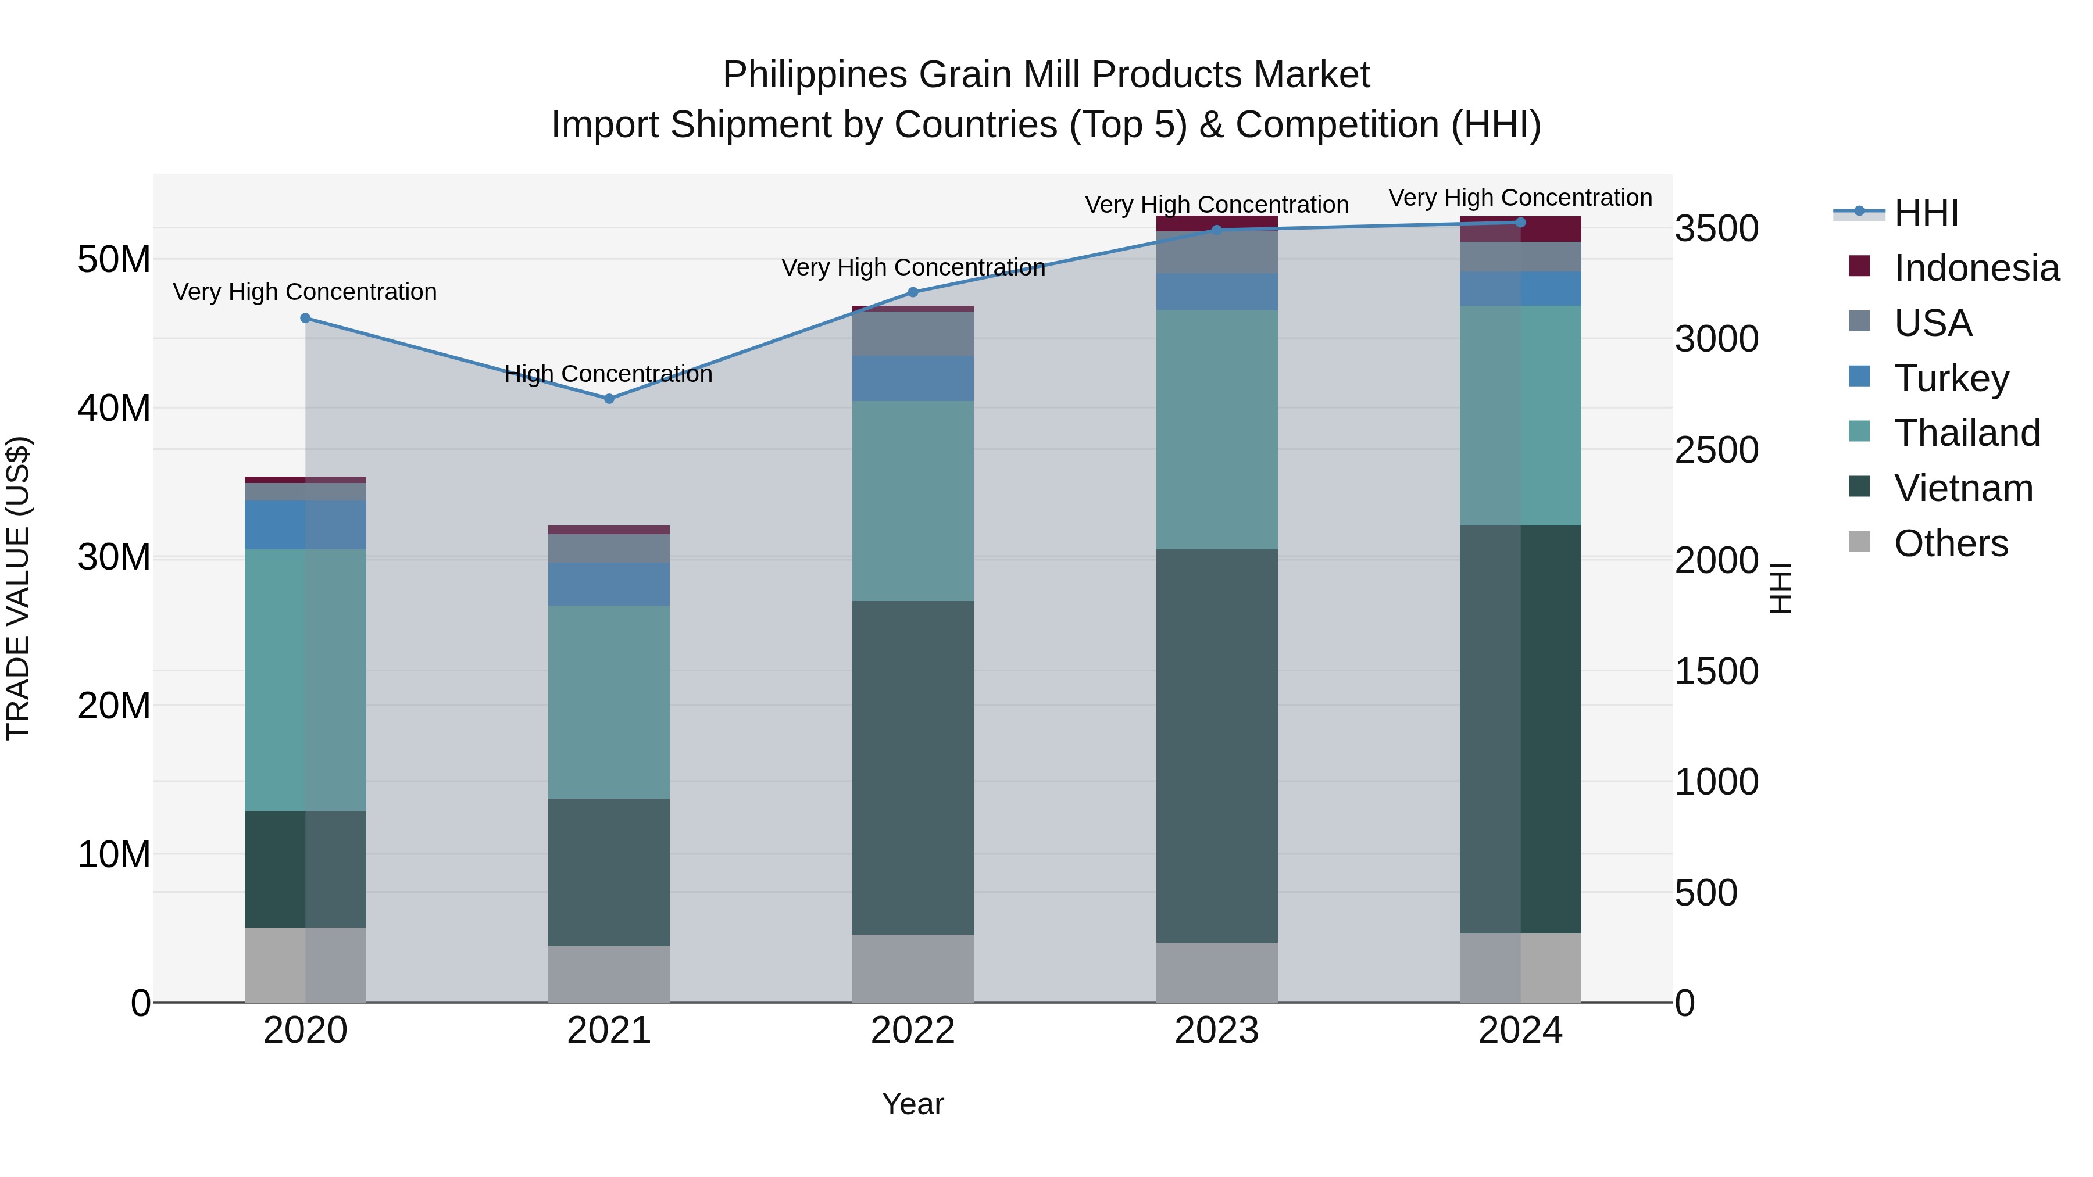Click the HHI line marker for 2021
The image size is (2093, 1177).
tap(609, 399)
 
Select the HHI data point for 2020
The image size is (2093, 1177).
tap(305, 319)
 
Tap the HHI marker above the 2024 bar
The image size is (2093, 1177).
tap(1520, 223)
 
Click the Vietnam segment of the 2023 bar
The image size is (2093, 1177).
tap(1216, 746)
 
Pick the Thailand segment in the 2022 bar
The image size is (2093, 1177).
tap(912, 500)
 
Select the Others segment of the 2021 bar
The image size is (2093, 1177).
tap(609, 974)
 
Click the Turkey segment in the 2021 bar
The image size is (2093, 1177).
tap(609, 584)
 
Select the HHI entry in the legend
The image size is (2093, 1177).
tap(1925, 213)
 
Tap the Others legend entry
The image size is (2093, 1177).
tap(1950, 543)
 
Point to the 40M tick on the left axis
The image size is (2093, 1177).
tap(114, 408)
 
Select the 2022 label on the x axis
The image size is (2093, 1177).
tap(912, 1031)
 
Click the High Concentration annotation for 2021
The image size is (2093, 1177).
tap(609, 374)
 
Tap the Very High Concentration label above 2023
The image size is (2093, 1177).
tap(1216, 205)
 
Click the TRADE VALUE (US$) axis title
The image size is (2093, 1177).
tap(18, 589)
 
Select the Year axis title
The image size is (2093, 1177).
tap(912, 1104)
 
